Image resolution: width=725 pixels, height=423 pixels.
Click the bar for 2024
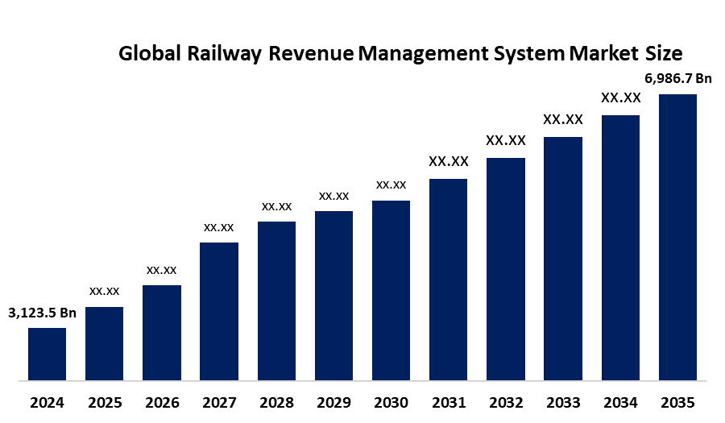click(x=48, y=355)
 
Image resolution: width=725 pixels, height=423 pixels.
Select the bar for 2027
click(x=219, y=312)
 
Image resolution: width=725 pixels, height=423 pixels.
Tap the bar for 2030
click(x=391, y=290)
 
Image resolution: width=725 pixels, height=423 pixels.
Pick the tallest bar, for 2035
click(x=677, y=237)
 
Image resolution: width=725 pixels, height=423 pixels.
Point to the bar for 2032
click(x=506, y=269)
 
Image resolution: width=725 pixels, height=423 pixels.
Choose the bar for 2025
click(x=105, y=343)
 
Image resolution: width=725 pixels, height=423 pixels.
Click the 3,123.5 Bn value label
click(x=42, y=313)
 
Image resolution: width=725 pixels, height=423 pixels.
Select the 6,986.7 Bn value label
click(x=678, y=79)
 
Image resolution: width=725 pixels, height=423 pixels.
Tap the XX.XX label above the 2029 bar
click(x=333, y=196)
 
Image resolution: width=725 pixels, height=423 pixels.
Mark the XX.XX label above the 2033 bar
click(x=563, y=119)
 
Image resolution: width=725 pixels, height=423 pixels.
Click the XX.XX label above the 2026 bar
click(x=162, y=270)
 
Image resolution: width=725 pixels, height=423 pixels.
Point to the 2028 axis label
click(x=276, y=403)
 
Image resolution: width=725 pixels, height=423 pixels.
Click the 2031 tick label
click(x=449, y=403)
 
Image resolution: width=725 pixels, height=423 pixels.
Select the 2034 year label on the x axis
click(x=620, y=403)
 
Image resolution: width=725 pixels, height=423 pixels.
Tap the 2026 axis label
click(x=162, y=403)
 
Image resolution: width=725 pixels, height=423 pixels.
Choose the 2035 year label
click(x=677, y=403)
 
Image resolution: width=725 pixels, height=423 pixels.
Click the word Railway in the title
click(x=224, y=54)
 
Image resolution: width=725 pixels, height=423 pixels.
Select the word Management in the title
click(x=423, y=54)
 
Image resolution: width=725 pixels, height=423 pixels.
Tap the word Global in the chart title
click(x=150, y=53)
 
